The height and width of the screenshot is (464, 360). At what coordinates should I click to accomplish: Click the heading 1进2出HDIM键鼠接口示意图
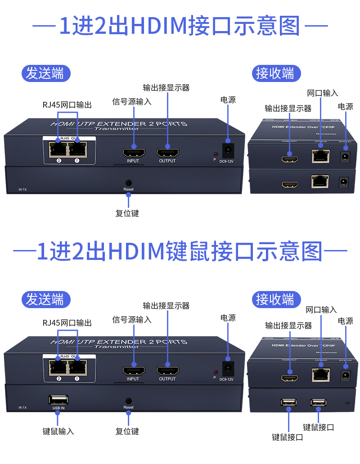(x=180, y=251)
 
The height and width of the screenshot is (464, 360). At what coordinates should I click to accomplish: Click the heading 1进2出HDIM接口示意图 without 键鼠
(x=180, y=26)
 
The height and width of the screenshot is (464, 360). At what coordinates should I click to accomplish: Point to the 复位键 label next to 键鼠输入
(x=127, y=431)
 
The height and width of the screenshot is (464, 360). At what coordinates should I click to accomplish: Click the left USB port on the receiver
(x=288, y=402)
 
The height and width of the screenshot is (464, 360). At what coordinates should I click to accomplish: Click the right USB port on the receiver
(x=318, y=402)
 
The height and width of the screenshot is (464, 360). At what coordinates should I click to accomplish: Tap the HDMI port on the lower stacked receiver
(x=290, y=184)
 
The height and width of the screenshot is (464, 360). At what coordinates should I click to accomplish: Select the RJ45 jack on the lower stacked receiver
(x=320, y=181)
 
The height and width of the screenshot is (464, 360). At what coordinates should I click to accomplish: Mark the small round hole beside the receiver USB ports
(x=346, y=401)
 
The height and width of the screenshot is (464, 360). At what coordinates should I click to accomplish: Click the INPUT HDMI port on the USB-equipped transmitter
(x=134, y=371)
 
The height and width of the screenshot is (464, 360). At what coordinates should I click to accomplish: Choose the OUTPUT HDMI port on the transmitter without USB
(x=167, y=153)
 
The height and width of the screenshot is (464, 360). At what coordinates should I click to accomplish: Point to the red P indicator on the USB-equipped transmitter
(x=216, y=372)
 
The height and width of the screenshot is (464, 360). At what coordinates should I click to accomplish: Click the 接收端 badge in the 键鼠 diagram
(x=275, y=299)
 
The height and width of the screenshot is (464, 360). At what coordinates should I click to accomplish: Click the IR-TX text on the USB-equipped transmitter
(x=22, y=408)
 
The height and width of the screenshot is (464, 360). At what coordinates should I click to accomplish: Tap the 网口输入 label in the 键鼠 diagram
(x=321, y=310)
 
